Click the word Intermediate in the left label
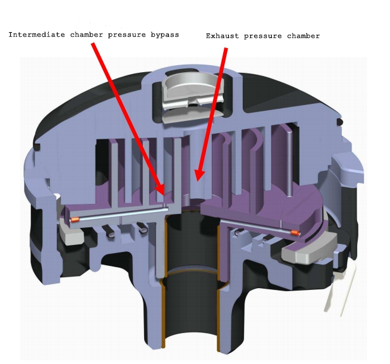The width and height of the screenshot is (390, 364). point(35,34)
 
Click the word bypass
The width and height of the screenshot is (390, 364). point(163,34)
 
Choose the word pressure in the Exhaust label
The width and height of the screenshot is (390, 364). point(262,36)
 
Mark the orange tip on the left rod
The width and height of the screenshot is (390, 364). point(74,219)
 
